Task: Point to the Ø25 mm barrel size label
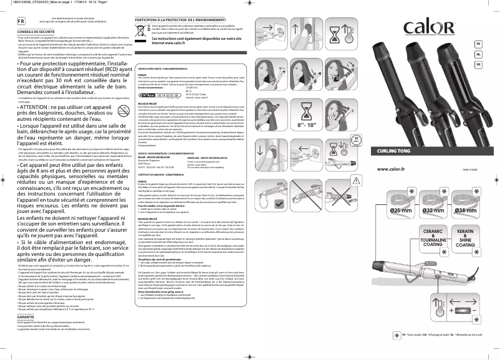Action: pos(403,211)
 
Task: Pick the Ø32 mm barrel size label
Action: pos(435,211)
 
